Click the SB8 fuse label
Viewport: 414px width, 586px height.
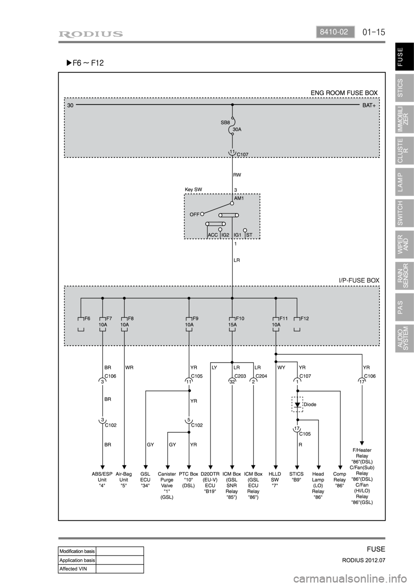tap(225, 123)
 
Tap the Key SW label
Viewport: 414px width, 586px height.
tap(193, 189)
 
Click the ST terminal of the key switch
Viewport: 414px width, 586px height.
tap(249, 235)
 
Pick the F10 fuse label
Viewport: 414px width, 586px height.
tap(239, 318)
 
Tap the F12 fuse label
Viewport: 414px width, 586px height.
tap(304, 318)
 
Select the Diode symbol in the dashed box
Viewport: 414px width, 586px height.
tap(297, 405)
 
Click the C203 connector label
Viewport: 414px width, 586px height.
tap(240, 376)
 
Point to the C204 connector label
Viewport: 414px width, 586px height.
tap(261, 376)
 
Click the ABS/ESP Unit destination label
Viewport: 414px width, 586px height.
tap(102, 479)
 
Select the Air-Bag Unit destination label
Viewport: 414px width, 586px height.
tap(124, 479)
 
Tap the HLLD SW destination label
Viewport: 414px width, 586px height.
tap(275, 479)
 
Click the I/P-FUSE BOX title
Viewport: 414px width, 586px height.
tap(359, 280)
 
